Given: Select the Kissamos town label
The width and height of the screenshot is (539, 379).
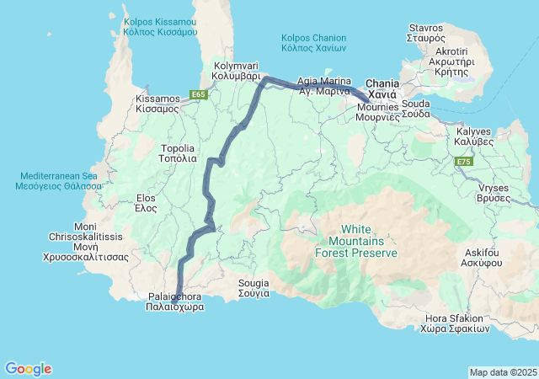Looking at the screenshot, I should click(x=157, y=104).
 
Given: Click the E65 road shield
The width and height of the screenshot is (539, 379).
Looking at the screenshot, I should click(x=198, y=94).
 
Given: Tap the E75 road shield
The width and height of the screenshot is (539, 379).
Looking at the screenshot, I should click(x=464, y=160).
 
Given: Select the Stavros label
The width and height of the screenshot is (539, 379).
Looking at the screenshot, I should click(x=425, y=33).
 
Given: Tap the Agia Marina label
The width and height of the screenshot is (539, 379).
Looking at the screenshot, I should click(x=324, y=86).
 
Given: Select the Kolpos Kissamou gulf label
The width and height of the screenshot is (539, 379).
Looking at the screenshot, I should click(x=159, y=25).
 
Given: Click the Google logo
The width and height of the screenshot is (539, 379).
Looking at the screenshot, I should click(x=28, y=369).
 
